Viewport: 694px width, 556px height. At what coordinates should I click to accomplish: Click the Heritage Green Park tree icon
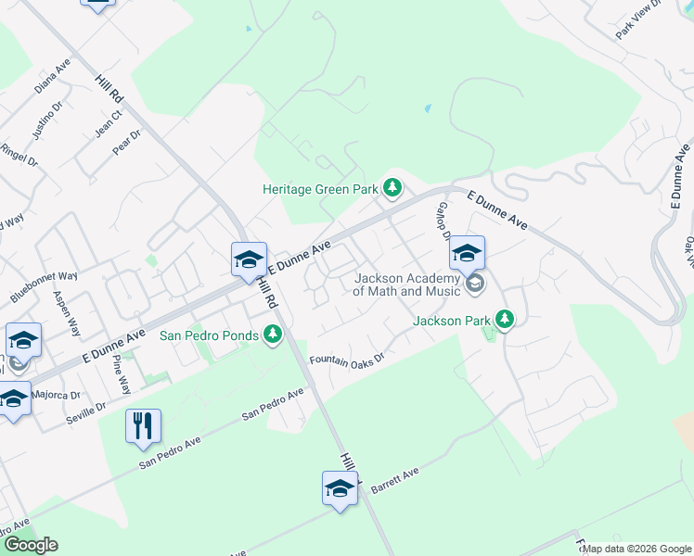(x=392, y=189)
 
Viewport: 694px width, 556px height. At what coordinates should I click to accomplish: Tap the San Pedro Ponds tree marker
(x=272, y=335)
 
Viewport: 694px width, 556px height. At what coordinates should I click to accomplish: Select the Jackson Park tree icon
(x=504, y=321)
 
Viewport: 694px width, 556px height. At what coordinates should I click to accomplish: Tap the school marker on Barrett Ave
(x=340, y=488)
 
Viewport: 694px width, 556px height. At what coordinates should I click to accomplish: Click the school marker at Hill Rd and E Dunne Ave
(x=249, y=260)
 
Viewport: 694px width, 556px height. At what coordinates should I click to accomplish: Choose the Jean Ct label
(x=109, y=125)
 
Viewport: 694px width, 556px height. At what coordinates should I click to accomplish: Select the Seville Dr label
(x=86, y=412)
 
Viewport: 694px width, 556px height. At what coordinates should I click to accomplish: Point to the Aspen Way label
(x=68, y=314)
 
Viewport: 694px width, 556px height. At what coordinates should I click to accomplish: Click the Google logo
(x=31, y=545)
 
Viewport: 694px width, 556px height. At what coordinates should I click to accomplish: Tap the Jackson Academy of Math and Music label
(x=406, y=284)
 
